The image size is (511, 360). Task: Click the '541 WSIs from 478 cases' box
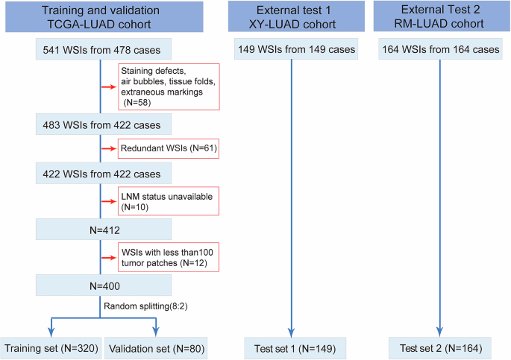[102, 50]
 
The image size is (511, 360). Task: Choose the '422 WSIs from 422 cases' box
[102, 174]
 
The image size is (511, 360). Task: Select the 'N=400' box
[102, 284]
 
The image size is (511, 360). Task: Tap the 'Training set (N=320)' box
[51, 347]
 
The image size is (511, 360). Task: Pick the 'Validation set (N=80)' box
[156, 347]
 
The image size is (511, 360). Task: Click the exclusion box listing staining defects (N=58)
[167, 85]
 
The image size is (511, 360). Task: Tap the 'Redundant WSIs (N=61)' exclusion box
[167, 149]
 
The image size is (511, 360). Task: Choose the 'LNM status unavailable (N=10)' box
[167, 201]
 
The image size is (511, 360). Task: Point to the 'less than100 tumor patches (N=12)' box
[167, 256]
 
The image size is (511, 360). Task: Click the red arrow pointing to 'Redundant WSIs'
[110, 149]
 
